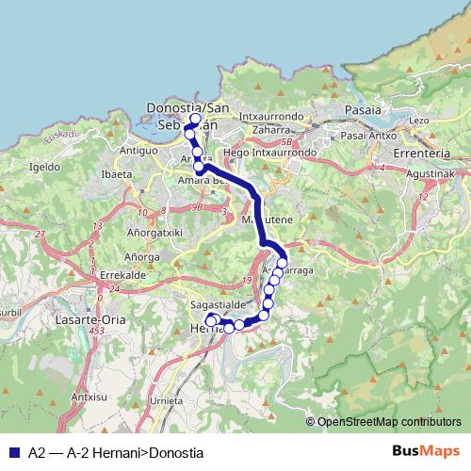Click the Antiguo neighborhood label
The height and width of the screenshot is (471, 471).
pyautogui.click(x=138, y=150)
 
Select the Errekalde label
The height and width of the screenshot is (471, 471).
pyautogui.click(x=93, y=274)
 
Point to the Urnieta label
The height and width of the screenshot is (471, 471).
pyautogui.click(x=167, y=400)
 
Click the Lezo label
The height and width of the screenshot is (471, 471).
pyautogui.click(x=419, y=120)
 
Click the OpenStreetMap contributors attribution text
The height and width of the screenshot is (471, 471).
pyautogui.click(x=388, y=421)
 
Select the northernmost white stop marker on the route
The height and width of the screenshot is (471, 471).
pyautogui.click(x=196, y=120)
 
